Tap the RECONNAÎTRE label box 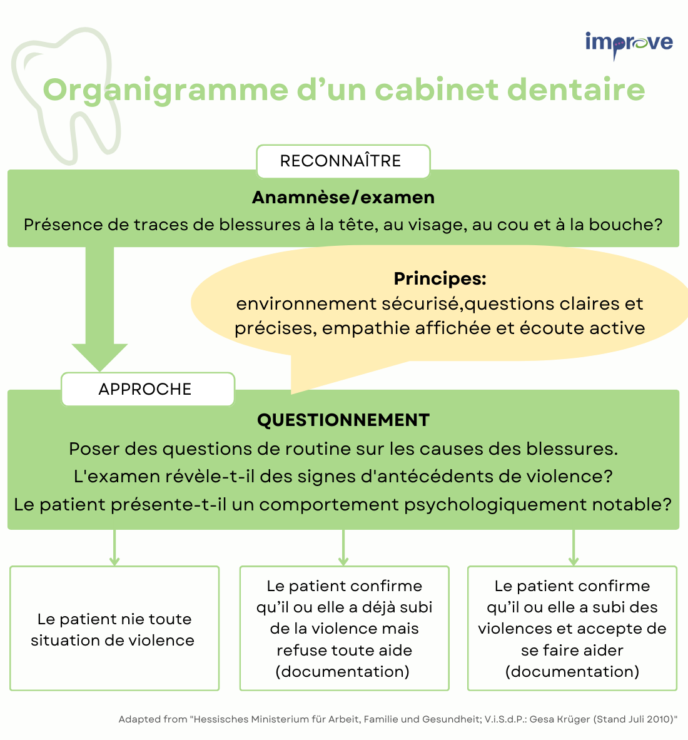click(x=343, y=161)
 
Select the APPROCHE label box click(x=148, y=389)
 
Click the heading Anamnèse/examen click(x=343, y=197)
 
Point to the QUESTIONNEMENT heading click(x=343, y=420)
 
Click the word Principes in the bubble click(x=440, y=278)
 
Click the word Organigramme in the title click(x=166, y=90)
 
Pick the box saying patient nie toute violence click(x=114, y=628)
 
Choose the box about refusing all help click(x=344, y=628)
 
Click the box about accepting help click(x=572, y=628)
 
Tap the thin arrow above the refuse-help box click(x=343, y=547)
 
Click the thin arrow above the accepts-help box click(x=574, y=547)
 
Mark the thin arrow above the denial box click(x=114, y=547)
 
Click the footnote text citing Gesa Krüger click(x=398, y=719)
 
